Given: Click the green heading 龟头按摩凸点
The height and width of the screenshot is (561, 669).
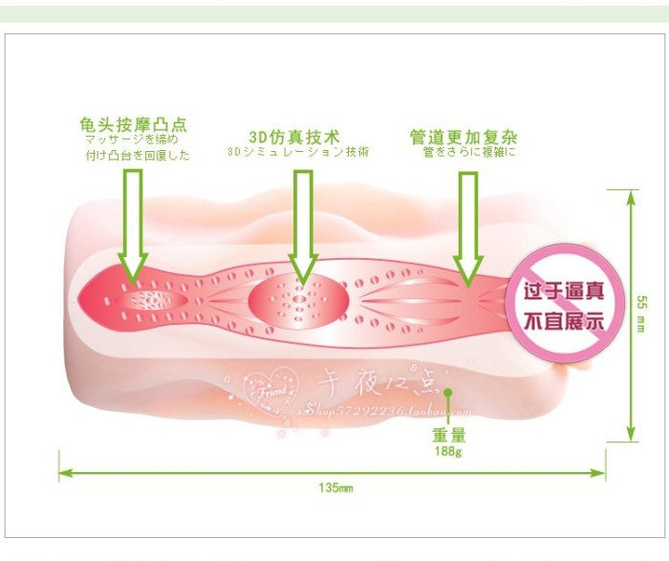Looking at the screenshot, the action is [134, 125].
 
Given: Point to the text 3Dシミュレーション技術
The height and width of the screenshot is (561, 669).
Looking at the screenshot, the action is [298, 151].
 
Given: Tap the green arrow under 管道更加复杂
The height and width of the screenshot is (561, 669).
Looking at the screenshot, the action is [467, 229].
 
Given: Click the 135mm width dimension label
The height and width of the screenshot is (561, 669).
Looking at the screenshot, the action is [335, 488].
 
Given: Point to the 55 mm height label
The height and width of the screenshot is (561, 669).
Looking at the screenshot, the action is [641, 313].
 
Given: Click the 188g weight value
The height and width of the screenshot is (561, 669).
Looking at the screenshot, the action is [447, 451].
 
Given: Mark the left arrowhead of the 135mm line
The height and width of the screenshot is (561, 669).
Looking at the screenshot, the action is [64, 472].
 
